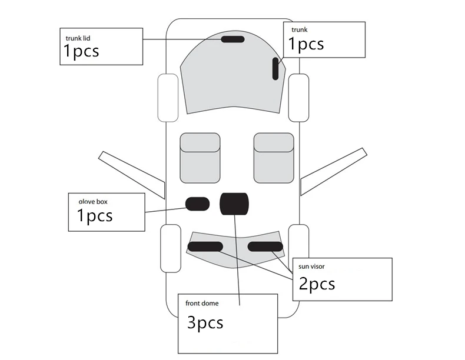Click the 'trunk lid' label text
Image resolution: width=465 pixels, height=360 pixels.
coord(78,38)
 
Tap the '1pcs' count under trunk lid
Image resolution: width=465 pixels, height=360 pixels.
coord(81,52)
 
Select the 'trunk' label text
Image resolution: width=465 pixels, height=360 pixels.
coord(300,30)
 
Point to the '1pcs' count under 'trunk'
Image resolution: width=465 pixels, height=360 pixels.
coord(305,44)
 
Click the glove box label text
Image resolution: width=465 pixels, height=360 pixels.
coord(89,202)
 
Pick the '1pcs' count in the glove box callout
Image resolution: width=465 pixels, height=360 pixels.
coord(95,216)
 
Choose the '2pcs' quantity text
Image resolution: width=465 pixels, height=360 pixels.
coord(317,284)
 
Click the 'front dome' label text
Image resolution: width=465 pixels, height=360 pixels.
coord(202,304)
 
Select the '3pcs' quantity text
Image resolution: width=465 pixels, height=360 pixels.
coord(205,322)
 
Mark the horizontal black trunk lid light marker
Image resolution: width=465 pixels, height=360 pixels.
coord(233,39)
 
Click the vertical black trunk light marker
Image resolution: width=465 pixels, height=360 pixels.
coord(275,68)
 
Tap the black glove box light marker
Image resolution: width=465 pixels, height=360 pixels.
coord(198,204)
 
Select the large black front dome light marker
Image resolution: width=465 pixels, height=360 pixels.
coord(234,203)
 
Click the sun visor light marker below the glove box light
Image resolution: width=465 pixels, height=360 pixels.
coord(205,246)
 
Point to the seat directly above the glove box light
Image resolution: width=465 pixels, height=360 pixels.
coord(200,157)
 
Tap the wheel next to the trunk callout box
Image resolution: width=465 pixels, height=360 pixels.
coord(299,98)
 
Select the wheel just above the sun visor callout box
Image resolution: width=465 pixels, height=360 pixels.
coord(298,241)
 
